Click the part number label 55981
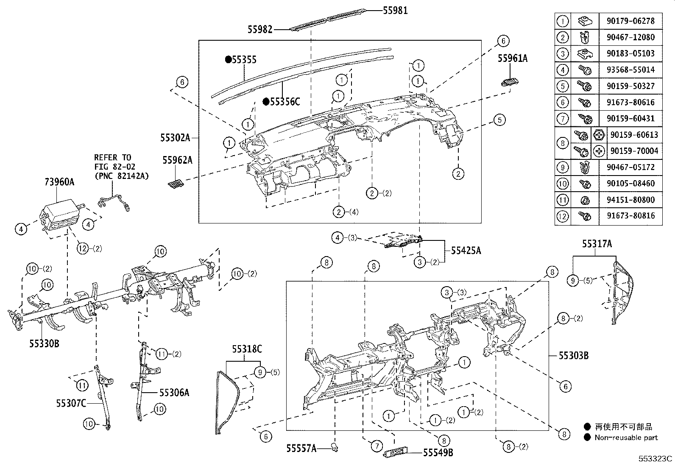(395, 11)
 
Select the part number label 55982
(260, 29)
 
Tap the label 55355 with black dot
(244, 60)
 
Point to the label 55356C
(285, 101)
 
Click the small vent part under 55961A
(511, 81)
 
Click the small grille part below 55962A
(176, 183)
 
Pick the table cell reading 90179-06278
(630, 21)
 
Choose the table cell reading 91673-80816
(630, 216)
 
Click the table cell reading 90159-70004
(634, 151)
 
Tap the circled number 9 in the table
(563, 167)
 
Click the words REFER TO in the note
(112, 157)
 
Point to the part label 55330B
(44, 343)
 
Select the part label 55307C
(71, 402)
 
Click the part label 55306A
(174, 393)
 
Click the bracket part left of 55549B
(396, 452)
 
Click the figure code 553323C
(656, 458)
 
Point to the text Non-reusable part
(626, 437)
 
